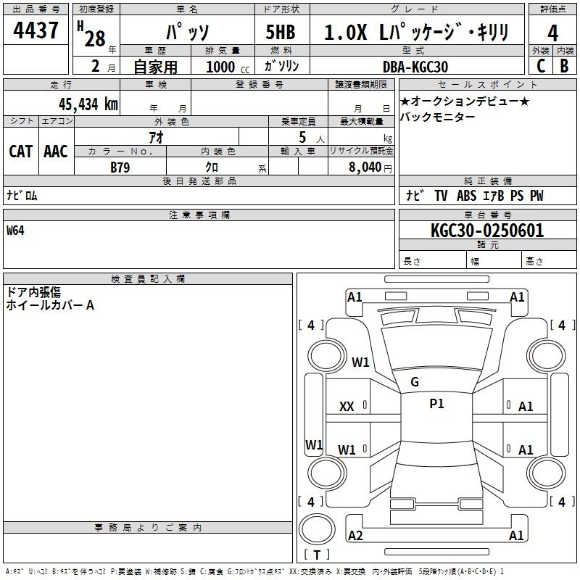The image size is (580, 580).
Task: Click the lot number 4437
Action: (x=36, y=31)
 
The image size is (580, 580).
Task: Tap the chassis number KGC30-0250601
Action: (x=487, y=231)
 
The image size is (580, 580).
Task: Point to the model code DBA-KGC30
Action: (x=415, y=67)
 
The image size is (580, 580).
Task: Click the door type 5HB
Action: (x=281, y=33)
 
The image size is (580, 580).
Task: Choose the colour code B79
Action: (x=120, y=167)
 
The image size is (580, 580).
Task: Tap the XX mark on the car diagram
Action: (x=347, y=407)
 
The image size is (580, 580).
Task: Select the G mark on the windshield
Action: (x=415, y=382)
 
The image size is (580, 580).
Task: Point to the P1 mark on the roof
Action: (x=436, y=404)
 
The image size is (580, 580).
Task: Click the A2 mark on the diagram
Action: (x=355, y=536)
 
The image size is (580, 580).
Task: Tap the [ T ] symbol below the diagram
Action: (x=316, y=555)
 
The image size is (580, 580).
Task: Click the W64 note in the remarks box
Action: (x=15, y=231)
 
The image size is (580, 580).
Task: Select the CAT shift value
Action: (x=20, y=151)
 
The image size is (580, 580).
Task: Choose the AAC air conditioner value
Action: (x=56, y=151)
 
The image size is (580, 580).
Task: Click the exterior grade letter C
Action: (x=541, y=67)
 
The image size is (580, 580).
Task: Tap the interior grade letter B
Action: (x=565, y=67)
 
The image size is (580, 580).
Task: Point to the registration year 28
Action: (x=94, y=38)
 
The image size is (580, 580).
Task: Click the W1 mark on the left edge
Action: (x=313, y=444)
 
